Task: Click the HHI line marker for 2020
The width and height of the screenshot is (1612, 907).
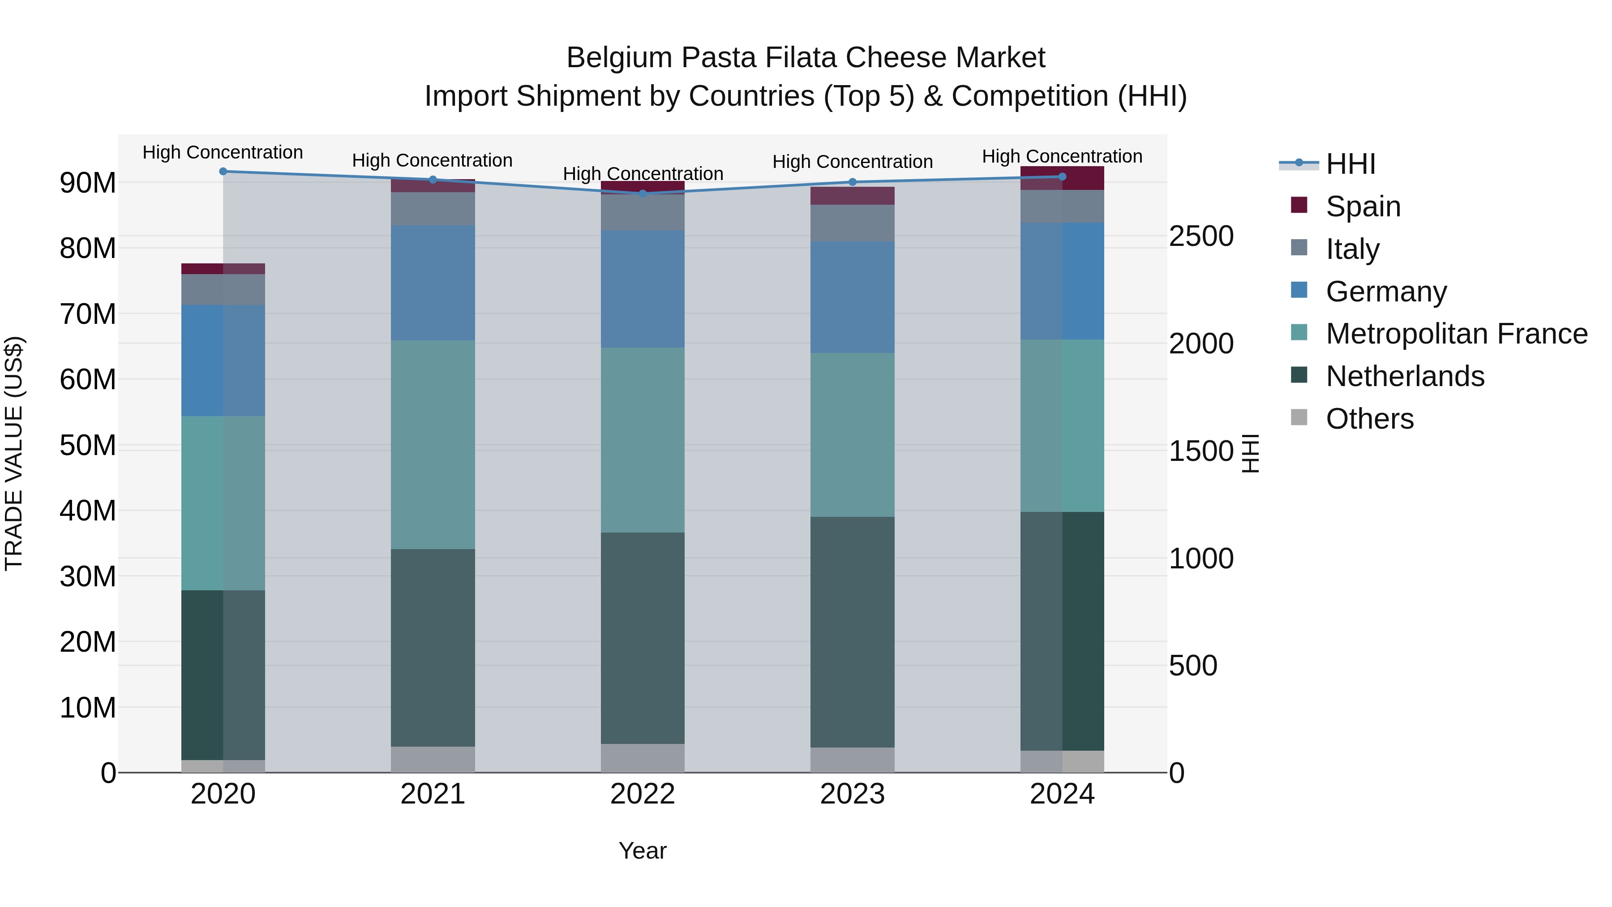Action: (x=223, y=172)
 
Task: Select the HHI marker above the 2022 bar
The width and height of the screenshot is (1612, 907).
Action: (x=643, y=193)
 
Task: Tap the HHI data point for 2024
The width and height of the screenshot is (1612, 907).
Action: (x=1062, y=176)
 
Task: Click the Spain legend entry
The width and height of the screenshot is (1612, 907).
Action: (x=1362, y=206)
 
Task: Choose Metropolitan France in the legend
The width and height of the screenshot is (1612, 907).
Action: (x=1456, y=334)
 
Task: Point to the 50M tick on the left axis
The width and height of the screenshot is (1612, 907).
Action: (x=88, y=446)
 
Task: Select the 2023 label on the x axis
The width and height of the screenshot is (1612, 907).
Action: (x=852, y=794)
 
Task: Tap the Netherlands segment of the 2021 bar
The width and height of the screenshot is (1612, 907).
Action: (x=433, y=648)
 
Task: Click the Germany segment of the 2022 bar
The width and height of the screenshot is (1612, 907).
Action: (x=643, y=289)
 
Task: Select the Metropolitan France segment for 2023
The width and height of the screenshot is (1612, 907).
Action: (x=852, y=435)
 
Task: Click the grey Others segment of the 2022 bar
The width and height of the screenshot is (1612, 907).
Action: (x=643, y=758)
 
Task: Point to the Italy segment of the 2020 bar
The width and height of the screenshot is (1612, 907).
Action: (x=223, y=290)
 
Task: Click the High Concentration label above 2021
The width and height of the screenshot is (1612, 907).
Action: (x=433, y=161)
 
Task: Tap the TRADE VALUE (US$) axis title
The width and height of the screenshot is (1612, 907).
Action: (x=14, y=453)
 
